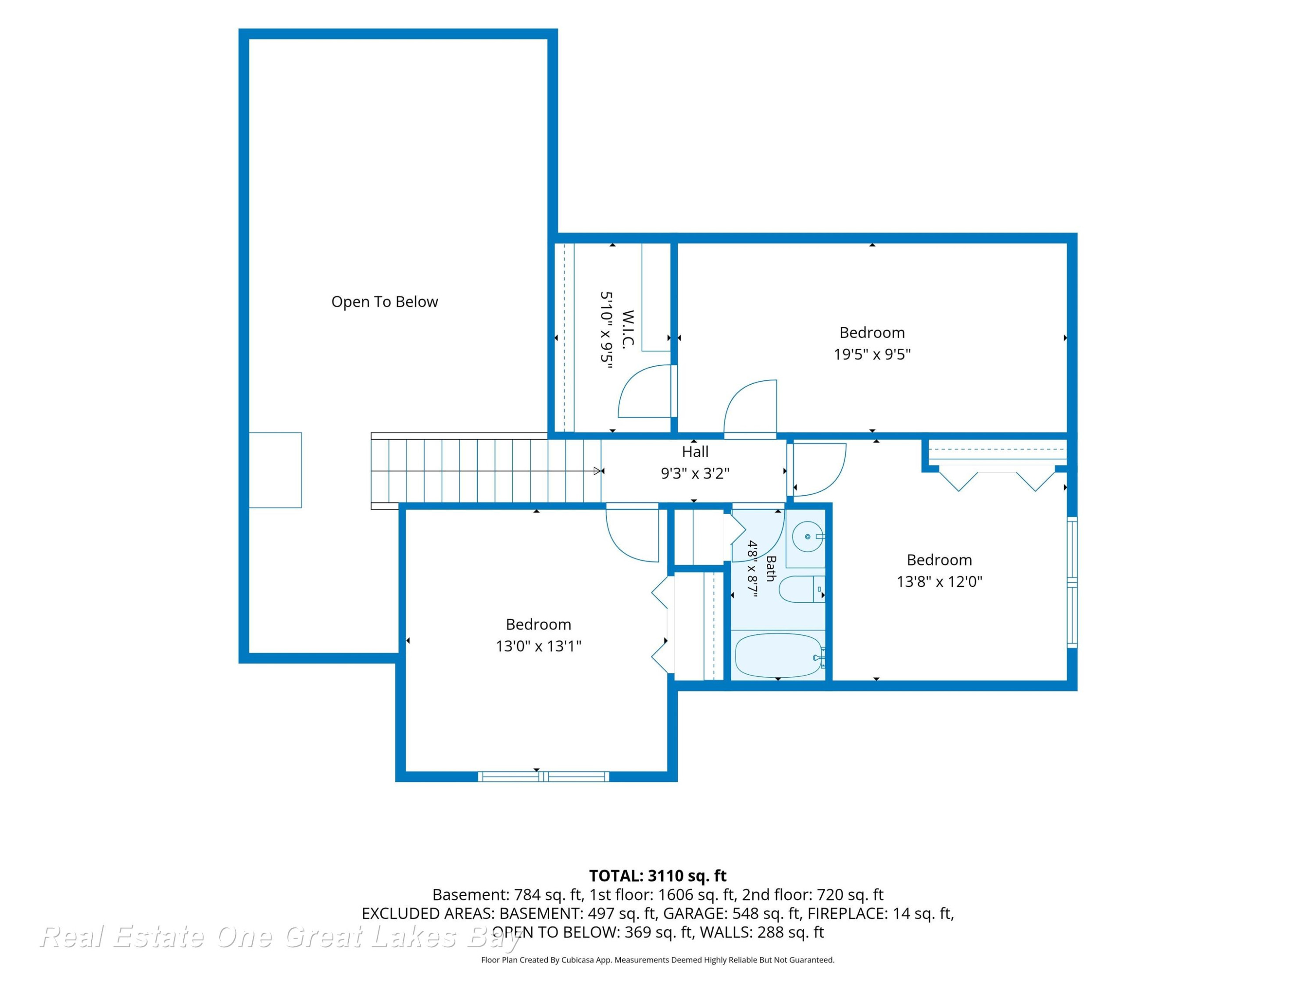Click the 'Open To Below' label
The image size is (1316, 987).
click(384, 302)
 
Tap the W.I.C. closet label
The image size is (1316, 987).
click(628, 329)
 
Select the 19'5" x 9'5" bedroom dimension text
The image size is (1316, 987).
click(872, 354)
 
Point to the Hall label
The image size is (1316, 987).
click(695, 451)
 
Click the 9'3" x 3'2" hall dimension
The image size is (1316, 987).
click(695, 473)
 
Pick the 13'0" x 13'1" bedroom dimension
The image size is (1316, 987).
click(538, 646)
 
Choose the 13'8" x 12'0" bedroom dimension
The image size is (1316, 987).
click(940, 581)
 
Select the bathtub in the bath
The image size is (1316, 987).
click(779, 656)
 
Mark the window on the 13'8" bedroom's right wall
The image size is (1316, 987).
click(1072, 583)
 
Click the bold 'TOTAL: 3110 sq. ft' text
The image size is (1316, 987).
click(658, 876)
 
